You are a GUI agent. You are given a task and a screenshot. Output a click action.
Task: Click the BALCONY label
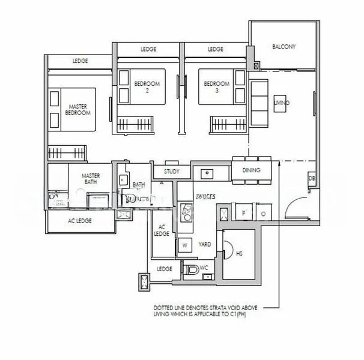click(282, 47)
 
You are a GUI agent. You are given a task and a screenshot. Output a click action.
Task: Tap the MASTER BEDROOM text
click(77, 109)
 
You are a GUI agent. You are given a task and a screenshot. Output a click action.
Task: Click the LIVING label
click(282, 103)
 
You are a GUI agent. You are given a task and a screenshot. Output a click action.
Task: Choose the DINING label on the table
click(252, 170)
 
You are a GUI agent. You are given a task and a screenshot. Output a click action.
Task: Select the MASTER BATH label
click(91, 179)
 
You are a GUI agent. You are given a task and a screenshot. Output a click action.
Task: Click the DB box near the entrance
click(312, 178)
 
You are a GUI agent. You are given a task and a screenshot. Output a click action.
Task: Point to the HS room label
click(239, 254)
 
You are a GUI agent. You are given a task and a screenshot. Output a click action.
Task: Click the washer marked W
click(184, 245)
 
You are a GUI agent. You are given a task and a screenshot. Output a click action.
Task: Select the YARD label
click(205, 245)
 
